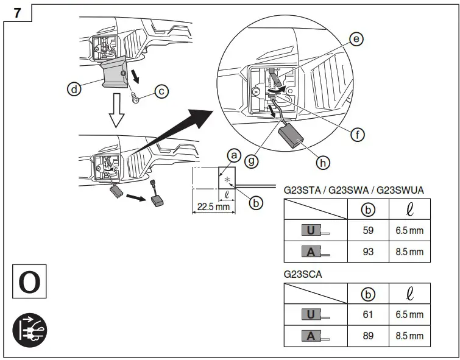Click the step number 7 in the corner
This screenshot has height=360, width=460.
click(16, 12)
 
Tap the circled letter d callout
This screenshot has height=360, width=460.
click(74, 90)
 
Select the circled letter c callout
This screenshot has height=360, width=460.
click(161, 91)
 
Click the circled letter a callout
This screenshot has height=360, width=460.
click(232, 157)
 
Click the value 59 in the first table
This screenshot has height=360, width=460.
click(368, 231)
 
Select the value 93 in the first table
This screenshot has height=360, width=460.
click(368, 252)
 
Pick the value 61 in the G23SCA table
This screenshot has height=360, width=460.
click(368, 315)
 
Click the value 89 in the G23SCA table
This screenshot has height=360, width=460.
click(368, 336)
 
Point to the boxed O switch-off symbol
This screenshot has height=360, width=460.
click(29, 281)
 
